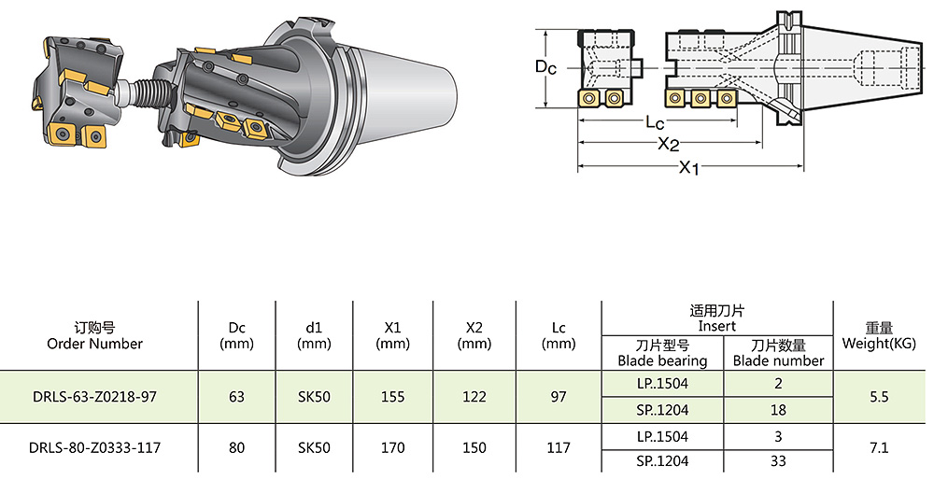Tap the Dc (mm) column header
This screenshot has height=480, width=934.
tap(236, 335)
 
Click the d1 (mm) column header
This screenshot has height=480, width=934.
tap(314, 335)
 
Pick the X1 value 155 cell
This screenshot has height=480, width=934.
tap(393, 397)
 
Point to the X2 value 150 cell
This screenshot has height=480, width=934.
tap(474, 448)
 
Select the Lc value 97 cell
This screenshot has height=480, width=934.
tap(559, 397)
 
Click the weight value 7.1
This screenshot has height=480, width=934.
tap(878, 448)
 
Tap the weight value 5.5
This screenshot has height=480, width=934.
tap(878, 397)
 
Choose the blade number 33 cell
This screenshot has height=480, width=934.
tap(778, 461)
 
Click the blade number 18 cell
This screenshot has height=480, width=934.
tap(778, 410)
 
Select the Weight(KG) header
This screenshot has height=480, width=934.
tap(878, 335)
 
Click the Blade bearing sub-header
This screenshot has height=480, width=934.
tap(662, 353)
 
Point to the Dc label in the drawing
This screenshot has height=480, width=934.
tap(546, 67)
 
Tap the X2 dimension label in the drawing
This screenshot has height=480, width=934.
tap(668, 145)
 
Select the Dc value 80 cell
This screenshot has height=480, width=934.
tap(236, 448)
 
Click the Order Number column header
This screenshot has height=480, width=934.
tap(94, 335)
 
